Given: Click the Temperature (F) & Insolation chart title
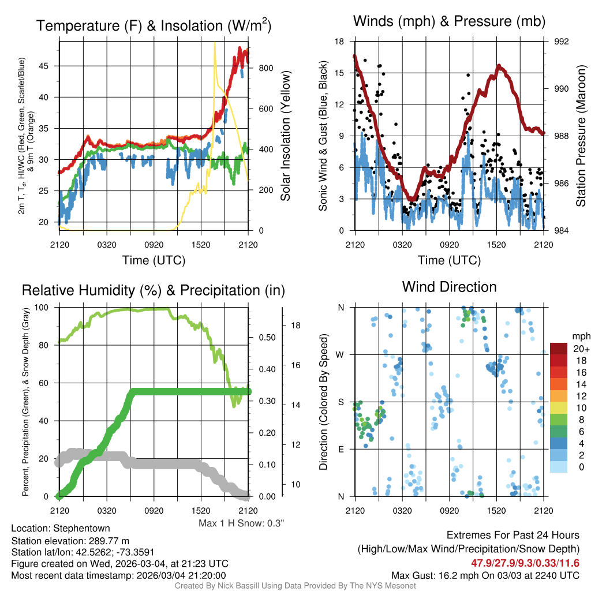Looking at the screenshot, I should [x=154, y=25].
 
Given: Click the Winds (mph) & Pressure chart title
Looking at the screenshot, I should [x=449, y=21].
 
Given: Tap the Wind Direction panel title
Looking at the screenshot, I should [x=449, y=287].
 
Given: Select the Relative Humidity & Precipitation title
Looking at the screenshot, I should [x=154, y=290].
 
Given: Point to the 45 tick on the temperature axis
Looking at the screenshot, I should [x=44, y=66].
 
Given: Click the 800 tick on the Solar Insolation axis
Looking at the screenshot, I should [x=265, y=68].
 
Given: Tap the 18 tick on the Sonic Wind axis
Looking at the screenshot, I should [x=339, y=42].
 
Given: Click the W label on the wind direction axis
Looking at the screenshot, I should [x=341, y=354].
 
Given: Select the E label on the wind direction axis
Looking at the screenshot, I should [x=341, y=449].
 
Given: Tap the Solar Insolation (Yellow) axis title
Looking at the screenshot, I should [x=285, y=136].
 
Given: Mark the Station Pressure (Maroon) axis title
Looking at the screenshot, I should [x=581, y=136].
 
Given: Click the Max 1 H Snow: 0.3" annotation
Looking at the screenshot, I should [x=241, y=523].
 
